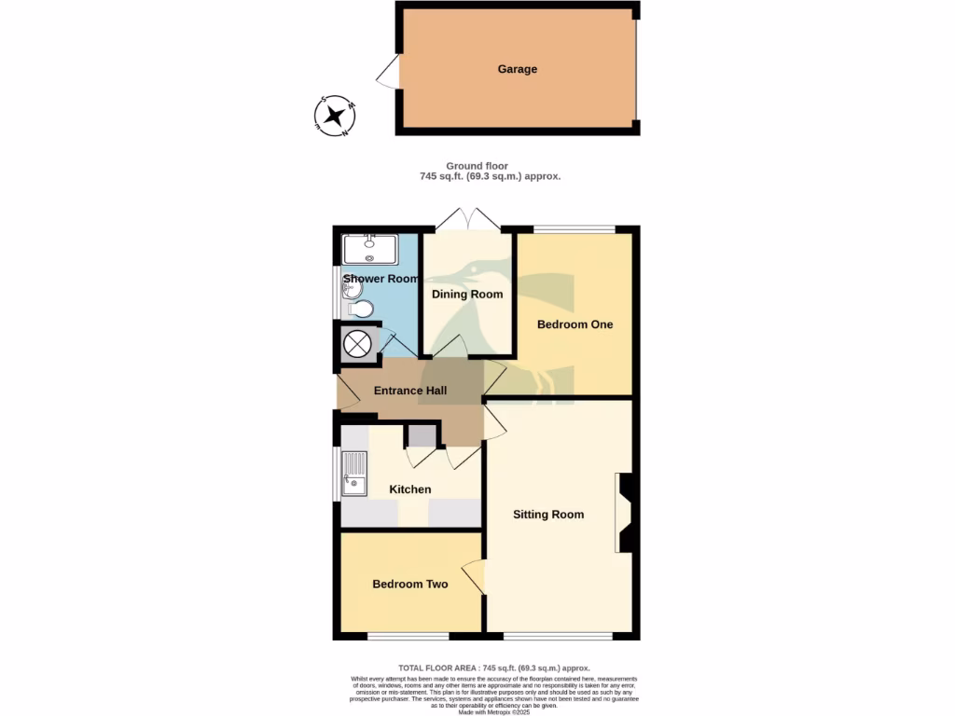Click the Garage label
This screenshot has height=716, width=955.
[x=517, y=69]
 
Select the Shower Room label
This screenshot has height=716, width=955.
[x=381, y=279]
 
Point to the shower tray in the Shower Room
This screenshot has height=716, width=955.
[x=370, y=249]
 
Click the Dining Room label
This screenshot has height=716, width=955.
[x=467, y=295]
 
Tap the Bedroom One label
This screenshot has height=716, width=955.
[x=574, y=324]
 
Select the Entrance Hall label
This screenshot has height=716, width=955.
[x=410, y=392]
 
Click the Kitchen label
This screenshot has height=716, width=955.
[x=410, y=489]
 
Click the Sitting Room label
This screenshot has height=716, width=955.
[x=548, y=515]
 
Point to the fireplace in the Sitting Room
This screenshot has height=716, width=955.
[x=623, y=513]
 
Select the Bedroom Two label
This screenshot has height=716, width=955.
[x=410, y=585]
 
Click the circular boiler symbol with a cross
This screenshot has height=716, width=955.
[x=357, y=344]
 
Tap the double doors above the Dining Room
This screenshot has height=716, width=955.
[x=468, y=220]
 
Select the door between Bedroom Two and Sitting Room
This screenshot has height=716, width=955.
[x=476, y=578]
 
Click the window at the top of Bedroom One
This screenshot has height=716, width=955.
[x=574, y=229]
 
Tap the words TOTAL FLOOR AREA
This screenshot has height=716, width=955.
[x=439, y=668]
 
